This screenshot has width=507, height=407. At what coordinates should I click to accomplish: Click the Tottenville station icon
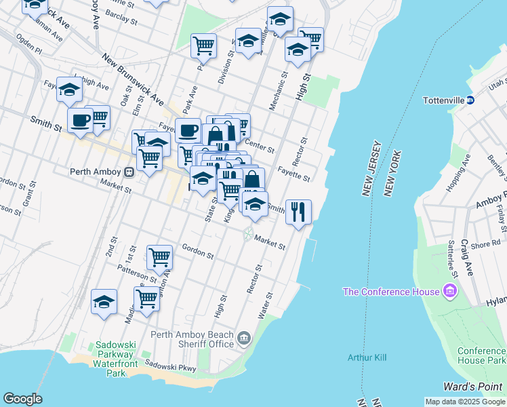470,100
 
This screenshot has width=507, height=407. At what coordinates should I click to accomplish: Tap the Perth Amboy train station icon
128,172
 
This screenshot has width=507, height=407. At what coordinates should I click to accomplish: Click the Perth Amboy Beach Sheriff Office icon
244,337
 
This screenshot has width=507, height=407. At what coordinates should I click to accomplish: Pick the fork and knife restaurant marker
298,212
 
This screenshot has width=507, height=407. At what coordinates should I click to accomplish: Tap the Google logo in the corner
22,399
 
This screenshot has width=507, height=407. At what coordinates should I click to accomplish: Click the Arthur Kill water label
366,357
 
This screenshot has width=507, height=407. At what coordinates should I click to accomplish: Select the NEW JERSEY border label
372,169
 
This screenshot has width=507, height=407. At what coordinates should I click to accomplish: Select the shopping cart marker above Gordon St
159,257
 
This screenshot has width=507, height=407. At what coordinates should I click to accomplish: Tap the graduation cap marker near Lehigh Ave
69,90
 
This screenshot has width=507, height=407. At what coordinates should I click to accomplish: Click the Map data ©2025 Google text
465,402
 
